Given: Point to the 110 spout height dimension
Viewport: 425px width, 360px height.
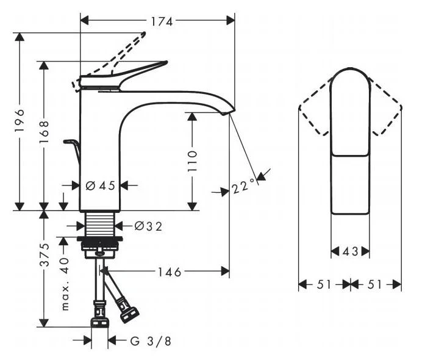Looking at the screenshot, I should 192,161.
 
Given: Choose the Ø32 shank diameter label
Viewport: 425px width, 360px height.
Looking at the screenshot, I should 148,226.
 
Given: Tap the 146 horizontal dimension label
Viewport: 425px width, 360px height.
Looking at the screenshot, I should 169,272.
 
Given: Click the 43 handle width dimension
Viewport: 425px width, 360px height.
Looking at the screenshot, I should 350,251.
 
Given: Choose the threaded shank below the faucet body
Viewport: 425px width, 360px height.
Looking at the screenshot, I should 101,224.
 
